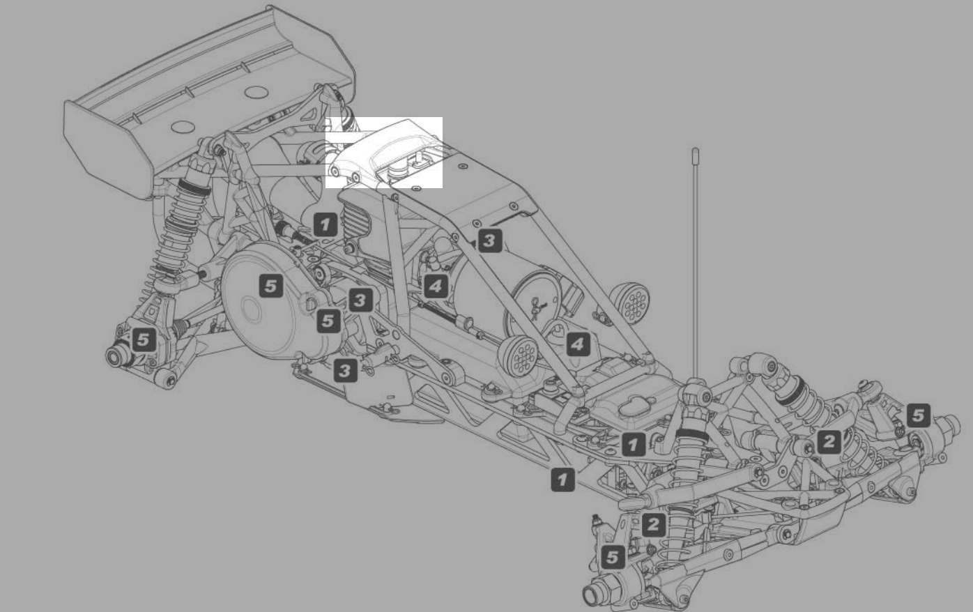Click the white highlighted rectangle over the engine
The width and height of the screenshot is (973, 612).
[x=384, y=152]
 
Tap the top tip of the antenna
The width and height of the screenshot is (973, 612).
[x=695, y=150]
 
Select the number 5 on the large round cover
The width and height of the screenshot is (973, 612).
[x=271, y=286]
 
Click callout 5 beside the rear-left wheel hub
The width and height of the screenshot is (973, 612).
[x=143, y=340]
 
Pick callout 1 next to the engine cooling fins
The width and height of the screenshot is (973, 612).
[x=325, y=224]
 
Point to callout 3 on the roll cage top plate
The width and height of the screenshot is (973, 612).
[x=489, y=241]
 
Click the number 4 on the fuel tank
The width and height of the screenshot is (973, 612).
[x=577, y=344]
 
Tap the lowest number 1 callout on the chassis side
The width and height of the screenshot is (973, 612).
[x=562, y=479]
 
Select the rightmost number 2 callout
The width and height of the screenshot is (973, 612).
[x=829, y=441]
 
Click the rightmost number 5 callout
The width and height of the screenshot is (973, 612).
[x=918, y=416]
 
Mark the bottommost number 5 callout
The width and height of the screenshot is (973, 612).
[x=612, y=557]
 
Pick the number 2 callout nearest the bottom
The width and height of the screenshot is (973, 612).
[x=653, y=524]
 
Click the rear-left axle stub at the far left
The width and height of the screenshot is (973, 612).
[x=116, y=356]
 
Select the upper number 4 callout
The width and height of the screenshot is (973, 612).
[x=435, y=286]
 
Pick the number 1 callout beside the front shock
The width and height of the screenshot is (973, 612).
[x=633, y=444]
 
